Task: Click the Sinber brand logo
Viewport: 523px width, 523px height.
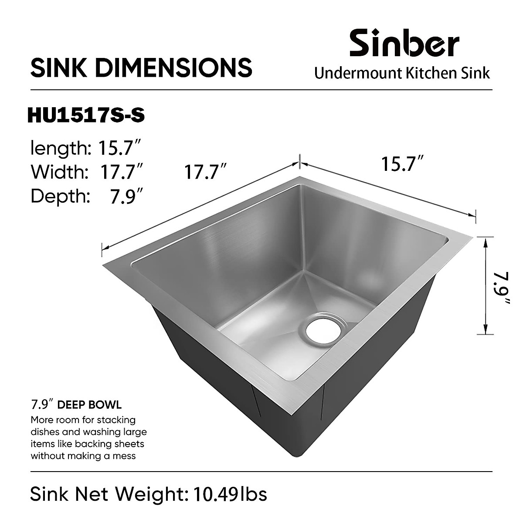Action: (x=404, y=43)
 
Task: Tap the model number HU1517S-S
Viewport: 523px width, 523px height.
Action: (x=85, y=116)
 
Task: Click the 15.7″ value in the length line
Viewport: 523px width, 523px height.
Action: (x=119, y=148)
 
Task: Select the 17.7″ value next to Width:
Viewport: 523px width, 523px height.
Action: (x=122, y=172)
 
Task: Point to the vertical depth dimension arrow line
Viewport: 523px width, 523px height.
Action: (x=485, y=285)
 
